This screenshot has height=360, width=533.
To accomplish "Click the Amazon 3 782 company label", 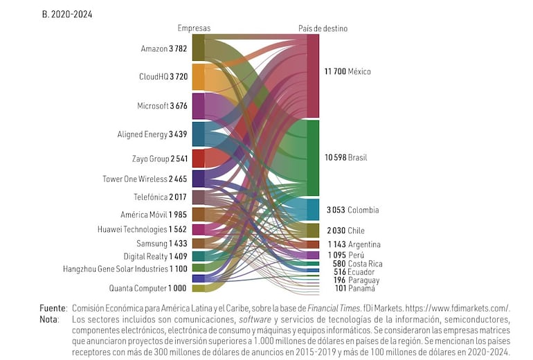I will [163, 48].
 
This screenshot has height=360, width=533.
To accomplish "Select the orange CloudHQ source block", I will [198, 77].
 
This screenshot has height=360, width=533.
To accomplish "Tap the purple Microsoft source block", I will [198, 106].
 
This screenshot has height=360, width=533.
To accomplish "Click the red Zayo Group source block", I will [198, 159].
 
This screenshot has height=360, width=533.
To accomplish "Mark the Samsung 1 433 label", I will [161, 243].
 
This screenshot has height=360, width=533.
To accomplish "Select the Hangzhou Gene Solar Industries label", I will [125, 268].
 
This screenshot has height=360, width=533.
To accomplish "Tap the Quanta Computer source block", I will [198, 288].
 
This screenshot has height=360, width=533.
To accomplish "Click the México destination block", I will [313, 76].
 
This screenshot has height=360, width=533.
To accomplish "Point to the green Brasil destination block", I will [313, 158].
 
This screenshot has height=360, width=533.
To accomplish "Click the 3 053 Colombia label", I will [352, 210].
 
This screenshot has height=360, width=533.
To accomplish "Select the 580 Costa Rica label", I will [357, 264].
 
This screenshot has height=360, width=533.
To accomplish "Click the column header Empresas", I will [194, 28].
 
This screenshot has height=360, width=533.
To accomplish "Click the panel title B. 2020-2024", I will [67, 13].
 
